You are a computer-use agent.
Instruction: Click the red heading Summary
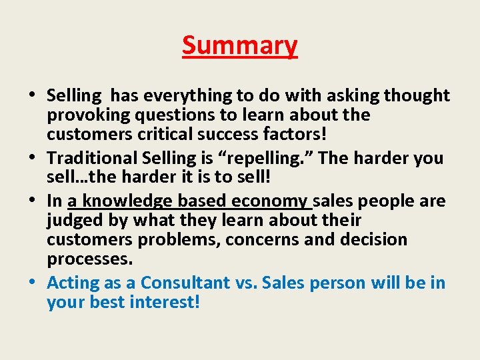tap(239, 46)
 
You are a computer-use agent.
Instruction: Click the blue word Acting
tap(73, 283)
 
